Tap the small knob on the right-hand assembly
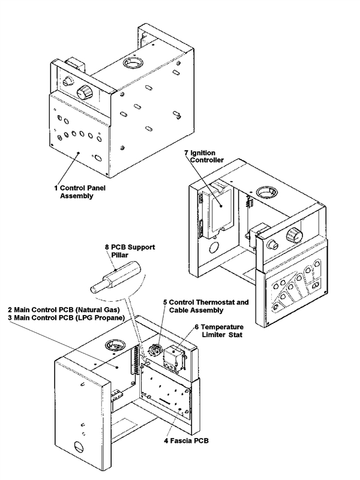[x=271, y=244]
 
